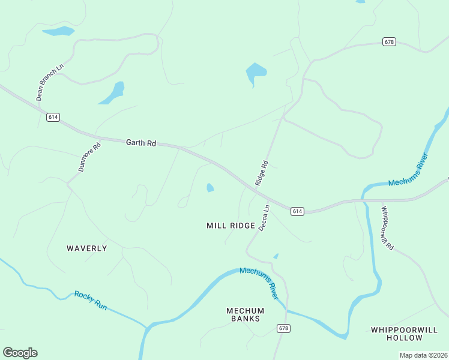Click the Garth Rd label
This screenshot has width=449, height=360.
(141, 143)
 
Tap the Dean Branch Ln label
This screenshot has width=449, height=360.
(49, 83)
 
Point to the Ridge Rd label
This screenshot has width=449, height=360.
(261, 173)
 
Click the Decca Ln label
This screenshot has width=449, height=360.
(264, 218)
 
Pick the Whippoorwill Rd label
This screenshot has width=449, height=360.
(387, 228)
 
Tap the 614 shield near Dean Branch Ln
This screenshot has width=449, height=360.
(53, 117)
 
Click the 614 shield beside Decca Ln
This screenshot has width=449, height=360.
(298, 211)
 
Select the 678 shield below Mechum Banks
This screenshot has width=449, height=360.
(284, 328)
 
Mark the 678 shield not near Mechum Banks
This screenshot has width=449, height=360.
(389, 41)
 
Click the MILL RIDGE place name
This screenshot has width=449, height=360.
(231, 226)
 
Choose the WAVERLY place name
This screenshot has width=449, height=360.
(87, 248)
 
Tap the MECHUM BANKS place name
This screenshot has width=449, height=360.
(245, 314)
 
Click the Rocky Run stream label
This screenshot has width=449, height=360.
(91, 300)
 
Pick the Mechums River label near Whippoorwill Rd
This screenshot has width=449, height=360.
(408, 171)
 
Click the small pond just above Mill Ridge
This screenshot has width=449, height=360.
(210, 188)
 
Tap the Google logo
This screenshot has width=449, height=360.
(20, 353)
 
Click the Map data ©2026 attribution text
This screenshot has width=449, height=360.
(423, 355)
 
